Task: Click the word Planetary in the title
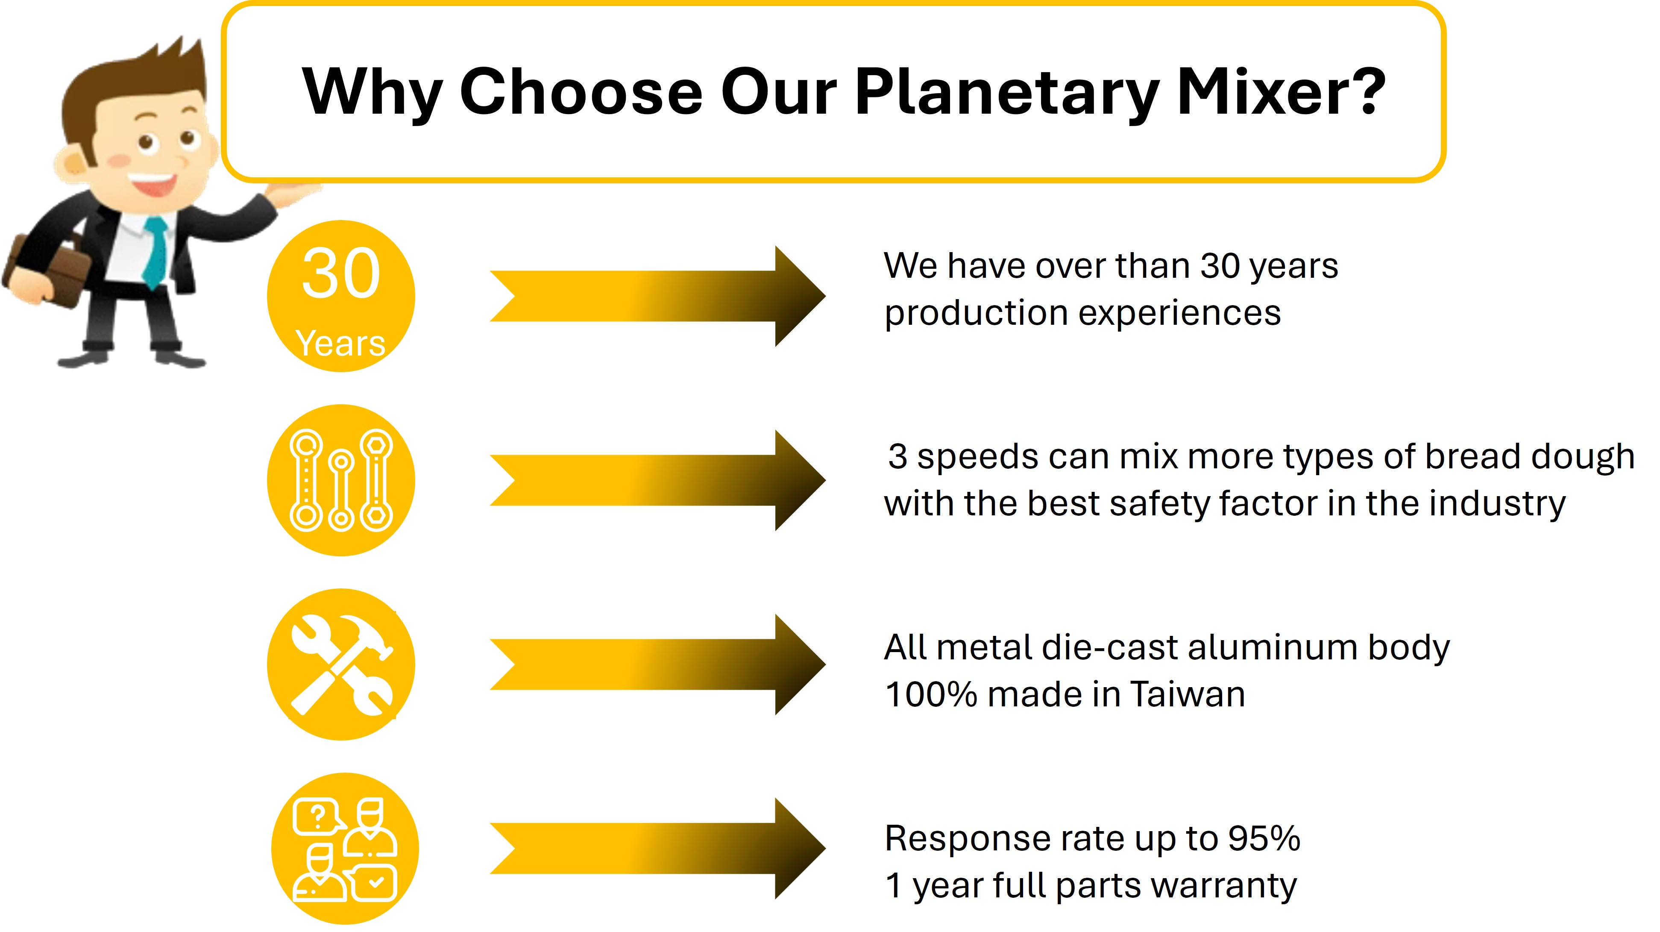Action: [x=1006, y=93]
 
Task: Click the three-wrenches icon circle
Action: [x=341, y=480]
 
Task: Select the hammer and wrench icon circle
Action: [x=341, y=664]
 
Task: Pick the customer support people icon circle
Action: [x=345, y=849]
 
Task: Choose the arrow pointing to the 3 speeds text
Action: [x=657, y=480]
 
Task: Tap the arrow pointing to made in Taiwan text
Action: [x=657, y=664]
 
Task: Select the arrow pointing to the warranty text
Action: [x=657, y=849]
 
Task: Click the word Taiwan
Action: [x=1187, y=694]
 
